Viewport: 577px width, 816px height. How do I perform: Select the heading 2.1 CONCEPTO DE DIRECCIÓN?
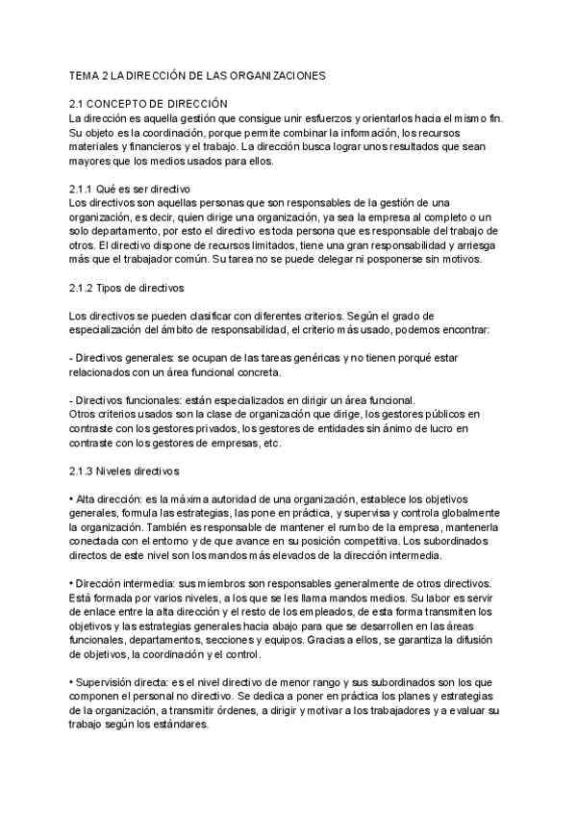pos(148,102)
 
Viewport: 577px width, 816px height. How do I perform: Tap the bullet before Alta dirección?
pos(72,500)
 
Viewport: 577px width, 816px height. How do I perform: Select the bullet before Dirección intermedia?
pos(72,584)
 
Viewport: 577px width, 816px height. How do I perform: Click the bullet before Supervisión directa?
pos(72,683)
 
